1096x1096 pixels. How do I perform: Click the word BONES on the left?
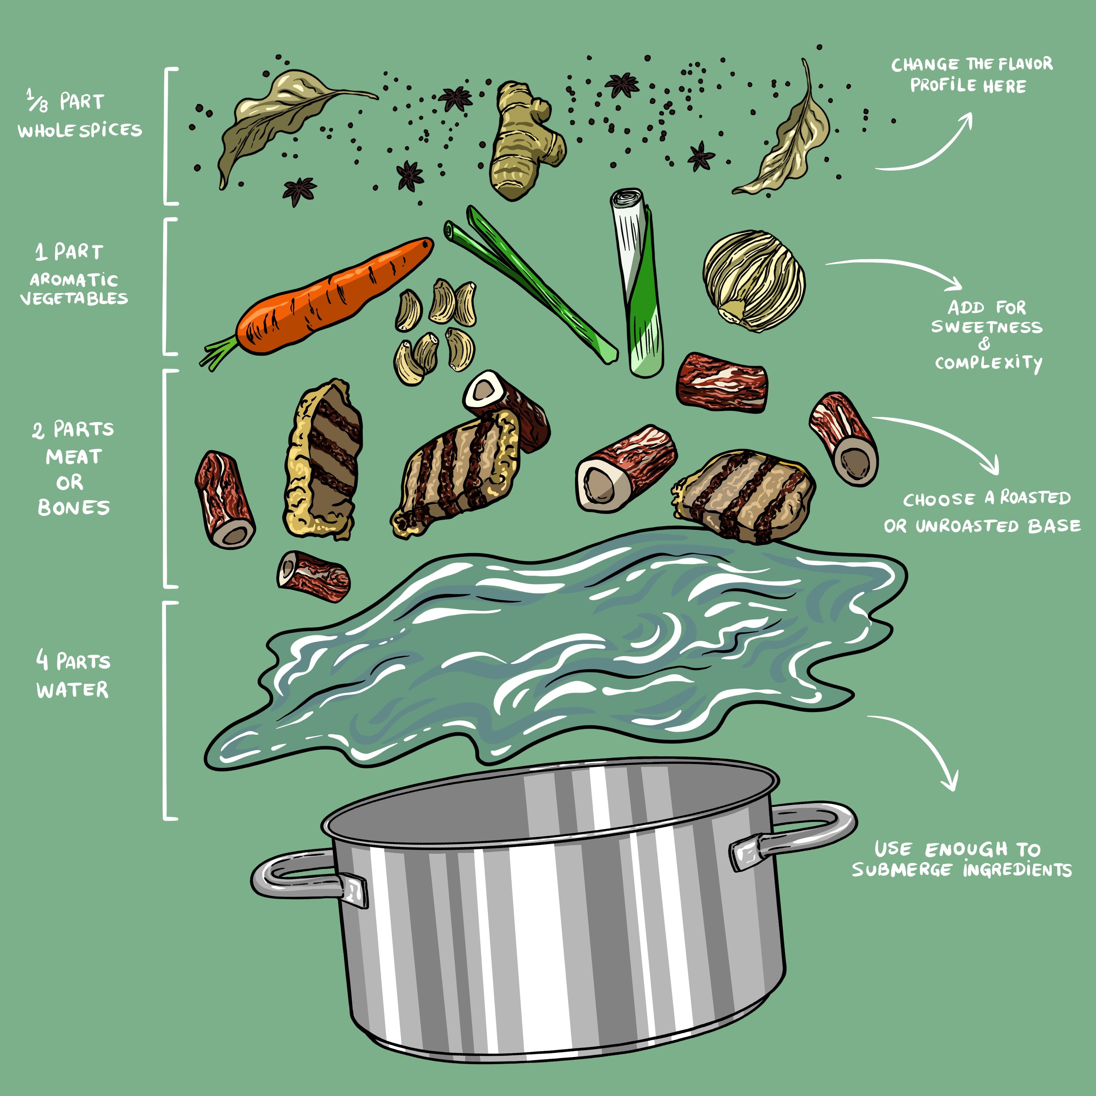(74, 507)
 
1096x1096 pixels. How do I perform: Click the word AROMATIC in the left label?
(74, 280)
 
